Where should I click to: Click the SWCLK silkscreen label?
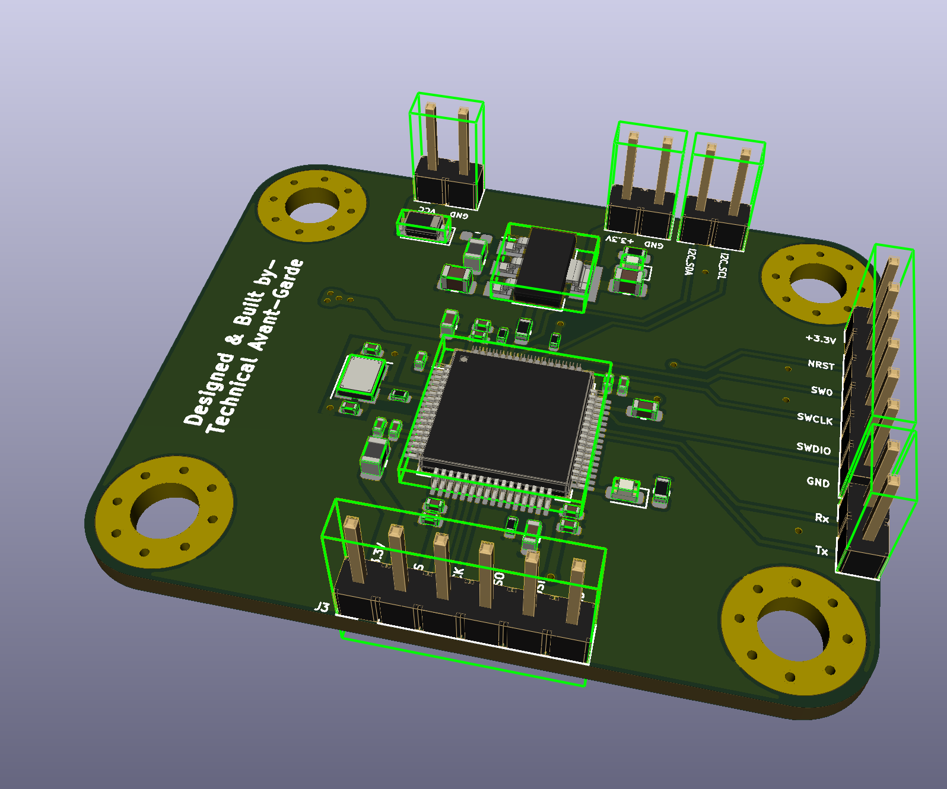(815, 419)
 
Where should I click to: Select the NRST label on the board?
(821, 365)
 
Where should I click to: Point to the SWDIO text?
(813, 448)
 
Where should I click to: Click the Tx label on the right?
(821, 551)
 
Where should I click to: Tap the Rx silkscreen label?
(821, 518)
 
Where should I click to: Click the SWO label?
(821, 391)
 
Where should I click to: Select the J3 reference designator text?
(321, 607)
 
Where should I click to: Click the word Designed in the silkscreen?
(208, 389)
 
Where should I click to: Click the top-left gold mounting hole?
(312, 205)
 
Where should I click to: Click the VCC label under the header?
(427, 210)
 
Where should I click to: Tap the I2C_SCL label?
(722, 265)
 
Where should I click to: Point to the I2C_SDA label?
(689, 262)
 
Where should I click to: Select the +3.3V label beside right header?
(820, 339)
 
